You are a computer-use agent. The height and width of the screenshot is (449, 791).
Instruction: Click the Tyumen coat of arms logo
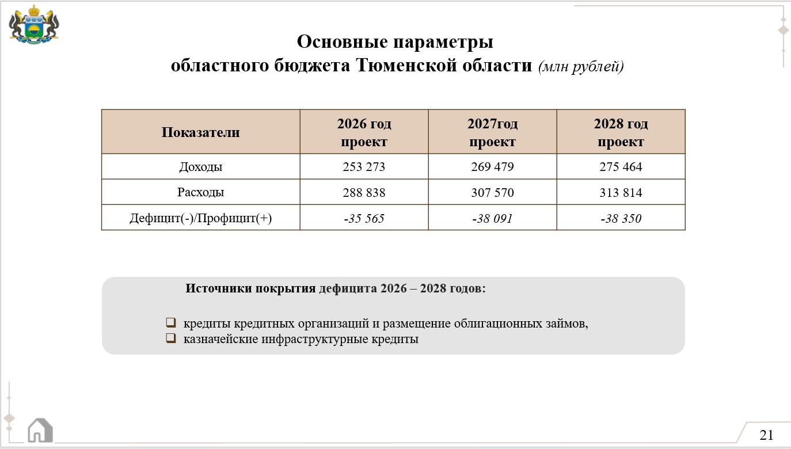[34, 25]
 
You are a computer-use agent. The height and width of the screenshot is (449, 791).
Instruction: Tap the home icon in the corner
[40, 430]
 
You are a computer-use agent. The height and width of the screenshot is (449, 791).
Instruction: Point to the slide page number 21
[766, 435]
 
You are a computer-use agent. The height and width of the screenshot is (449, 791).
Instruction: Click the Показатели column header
[200, 132]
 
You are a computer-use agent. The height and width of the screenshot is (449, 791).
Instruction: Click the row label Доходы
[200, 167]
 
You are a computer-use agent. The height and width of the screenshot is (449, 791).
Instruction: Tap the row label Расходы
[200, 192]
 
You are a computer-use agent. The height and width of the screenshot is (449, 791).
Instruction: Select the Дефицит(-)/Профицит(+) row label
[200, 218]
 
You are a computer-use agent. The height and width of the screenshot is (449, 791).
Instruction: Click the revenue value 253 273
[364, 167]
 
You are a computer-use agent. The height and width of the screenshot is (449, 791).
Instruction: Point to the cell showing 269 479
[492, 167]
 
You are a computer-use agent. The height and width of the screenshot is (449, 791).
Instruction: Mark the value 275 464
[621, 167]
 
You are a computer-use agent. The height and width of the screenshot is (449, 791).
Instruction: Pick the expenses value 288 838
[364, 193]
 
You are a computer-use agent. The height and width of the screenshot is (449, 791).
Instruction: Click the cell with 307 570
[492, 193]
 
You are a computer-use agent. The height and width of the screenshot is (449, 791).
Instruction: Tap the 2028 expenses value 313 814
[621, 193]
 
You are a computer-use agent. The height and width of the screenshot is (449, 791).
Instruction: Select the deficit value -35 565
[364, 219]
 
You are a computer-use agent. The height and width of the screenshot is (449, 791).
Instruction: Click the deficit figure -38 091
[492, 219]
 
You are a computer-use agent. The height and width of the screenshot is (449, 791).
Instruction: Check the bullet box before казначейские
[170, 338]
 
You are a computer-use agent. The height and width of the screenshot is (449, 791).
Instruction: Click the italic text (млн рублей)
[581, 67]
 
